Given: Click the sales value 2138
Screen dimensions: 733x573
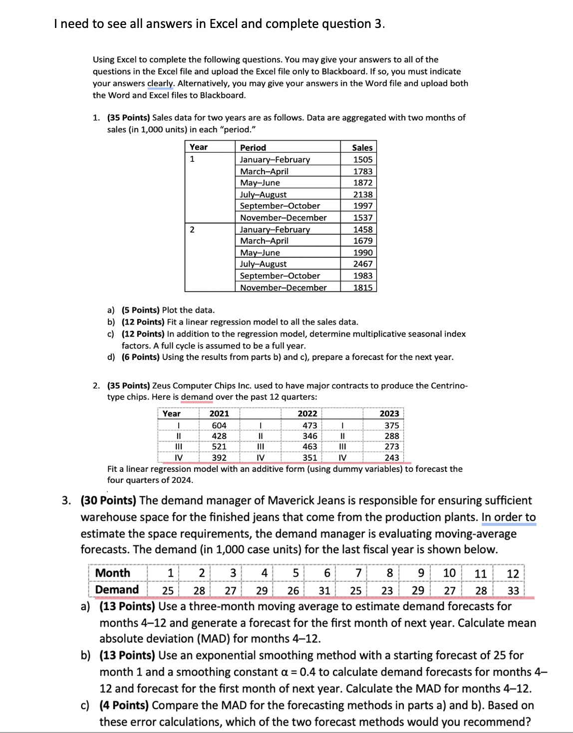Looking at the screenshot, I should [362, 194].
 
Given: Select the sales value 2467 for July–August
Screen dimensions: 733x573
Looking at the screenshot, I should [362, 264].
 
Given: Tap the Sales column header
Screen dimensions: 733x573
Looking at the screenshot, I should [362, 147].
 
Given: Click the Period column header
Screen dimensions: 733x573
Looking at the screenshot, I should [253, 147].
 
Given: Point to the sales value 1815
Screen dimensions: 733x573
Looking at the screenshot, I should [362, 288].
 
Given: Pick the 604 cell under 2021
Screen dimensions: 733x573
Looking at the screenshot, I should [219, 425].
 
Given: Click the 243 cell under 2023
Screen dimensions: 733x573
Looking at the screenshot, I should [391, 457].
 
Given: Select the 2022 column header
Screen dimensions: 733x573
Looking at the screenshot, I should [307, 413].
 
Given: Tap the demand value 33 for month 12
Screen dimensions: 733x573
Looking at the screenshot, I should [513, 590].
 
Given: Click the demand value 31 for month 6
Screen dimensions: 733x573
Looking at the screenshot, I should [324, 590].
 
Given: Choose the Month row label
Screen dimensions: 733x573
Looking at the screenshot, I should [112, 573].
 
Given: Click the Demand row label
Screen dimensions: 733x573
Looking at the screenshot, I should [117, 590].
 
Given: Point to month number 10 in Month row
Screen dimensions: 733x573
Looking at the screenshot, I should [449, 573].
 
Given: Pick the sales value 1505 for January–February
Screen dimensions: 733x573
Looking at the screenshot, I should [362, 159].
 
